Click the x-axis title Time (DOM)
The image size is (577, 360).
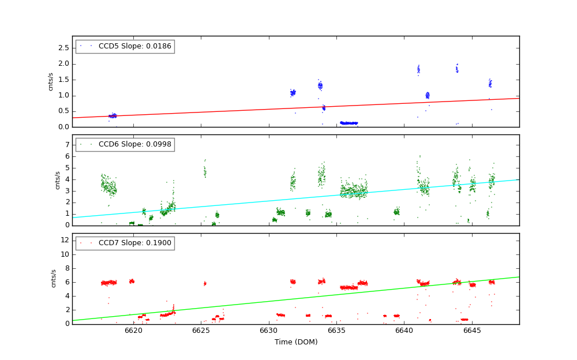click(295, 342)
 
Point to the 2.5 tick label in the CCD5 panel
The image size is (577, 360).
click(63, 48)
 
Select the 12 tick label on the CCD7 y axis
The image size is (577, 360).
click(65, 240)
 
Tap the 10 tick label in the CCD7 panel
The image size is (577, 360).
click(65, 254)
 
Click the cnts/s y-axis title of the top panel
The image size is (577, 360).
click(51, 81)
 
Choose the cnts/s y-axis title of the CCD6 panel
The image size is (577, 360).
click(57, 180)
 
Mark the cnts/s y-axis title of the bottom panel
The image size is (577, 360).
click(54, 278)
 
